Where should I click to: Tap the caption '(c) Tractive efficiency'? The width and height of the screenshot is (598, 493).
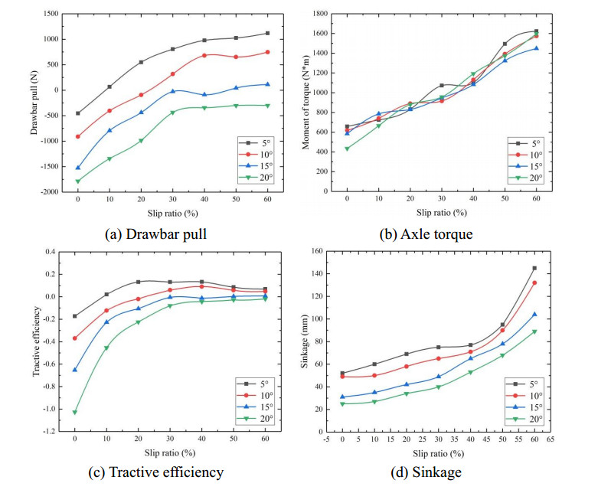tap(158, 472)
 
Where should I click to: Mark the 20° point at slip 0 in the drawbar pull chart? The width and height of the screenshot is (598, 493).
tap(77, 181)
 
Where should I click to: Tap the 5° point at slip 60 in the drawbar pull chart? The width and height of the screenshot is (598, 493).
tap(267, 33)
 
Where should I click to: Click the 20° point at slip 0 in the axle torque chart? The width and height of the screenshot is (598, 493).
tap(347, 149)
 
